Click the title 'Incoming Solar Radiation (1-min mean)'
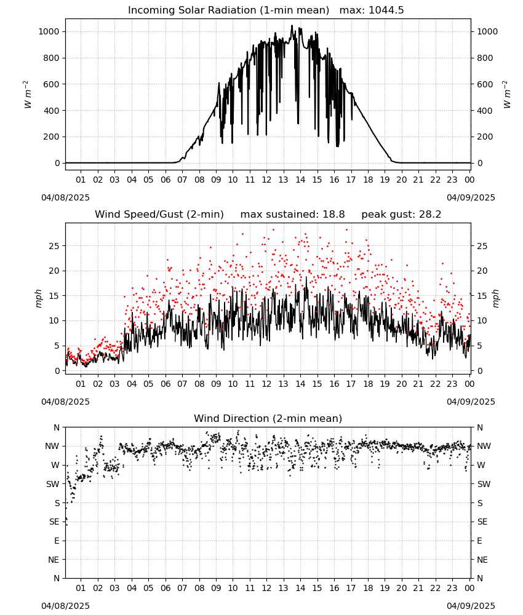tap(228, 10)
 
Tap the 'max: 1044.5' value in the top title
tap(372, 10)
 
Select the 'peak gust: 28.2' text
tap(401, 215)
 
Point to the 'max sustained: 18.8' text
tap(292, 215)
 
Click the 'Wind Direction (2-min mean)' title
tap(268, 418)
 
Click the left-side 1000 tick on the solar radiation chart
tap(49, 32)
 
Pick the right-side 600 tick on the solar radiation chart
tap(485, 84)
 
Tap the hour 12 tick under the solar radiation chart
tap(267, 180)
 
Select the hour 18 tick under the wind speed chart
tap(368, 384)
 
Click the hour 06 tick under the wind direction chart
tap(166, 588)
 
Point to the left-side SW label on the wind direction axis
tap(53, 484)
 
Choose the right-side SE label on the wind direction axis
tap(482, 522)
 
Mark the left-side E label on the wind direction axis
tap(57, 541)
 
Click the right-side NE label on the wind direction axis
tap(482, 560)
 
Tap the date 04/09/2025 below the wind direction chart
tap(471, 606)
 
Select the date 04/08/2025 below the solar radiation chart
tap(65, 197)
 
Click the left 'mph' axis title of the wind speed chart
tap(38, 298)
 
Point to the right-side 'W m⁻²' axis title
tap(506, 95)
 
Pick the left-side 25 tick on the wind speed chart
tap(55, 246)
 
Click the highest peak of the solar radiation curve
tap(292, 25)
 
